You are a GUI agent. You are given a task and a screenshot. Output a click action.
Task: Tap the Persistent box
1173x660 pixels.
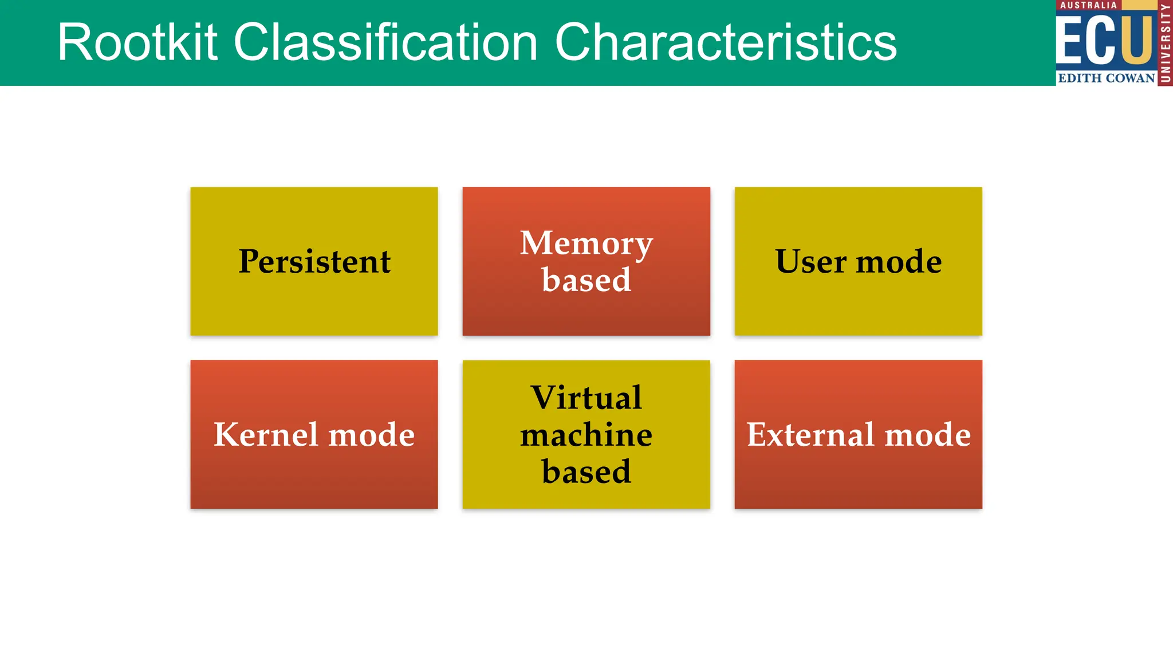[314, 261]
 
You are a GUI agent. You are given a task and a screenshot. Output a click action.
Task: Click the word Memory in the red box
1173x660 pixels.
[586, 243]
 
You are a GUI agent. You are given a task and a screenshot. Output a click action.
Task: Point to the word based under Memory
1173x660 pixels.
[586, 280]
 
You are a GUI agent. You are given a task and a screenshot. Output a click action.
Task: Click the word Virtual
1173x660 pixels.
[586, 397]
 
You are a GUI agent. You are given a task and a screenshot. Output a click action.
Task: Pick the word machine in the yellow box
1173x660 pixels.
[586, 434]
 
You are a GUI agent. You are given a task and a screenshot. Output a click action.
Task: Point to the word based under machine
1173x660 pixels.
[586, 472]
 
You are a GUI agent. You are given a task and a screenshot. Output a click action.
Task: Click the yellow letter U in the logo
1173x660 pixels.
[1137, 39]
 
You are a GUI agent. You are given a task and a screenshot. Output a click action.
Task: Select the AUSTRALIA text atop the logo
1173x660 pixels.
[1088, 5]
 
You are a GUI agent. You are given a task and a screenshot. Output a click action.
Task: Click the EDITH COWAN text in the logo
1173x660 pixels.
[1106, 78]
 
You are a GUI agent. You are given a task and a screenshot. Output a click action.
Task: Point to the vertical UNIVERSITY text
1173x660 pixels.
[1165, 43]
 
